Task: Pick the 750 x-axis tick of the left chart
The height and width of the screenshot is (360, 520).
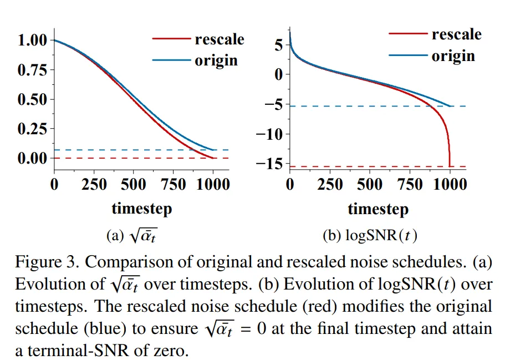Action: tap(174, 184)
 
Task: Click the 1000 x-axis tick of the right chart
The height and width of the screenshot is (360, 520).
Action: tap(449, 184)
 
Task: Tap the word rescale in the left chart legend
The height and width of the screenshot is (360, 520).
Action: tap(220, 39)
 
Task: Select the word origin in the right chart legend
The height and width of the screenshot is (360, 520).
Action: tap(453, 56)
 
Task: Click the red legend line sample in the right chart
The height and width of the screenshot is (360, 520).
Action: tap(409, 34)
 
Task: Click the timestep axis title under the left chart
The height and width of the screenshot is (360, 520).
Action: tap(142, 209)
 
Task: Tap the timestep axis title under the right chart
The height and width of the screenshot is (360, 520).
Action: tap(378, 209)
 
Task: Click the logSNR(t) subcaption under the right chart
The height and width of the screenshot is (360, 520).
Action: tap(381, 235)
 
